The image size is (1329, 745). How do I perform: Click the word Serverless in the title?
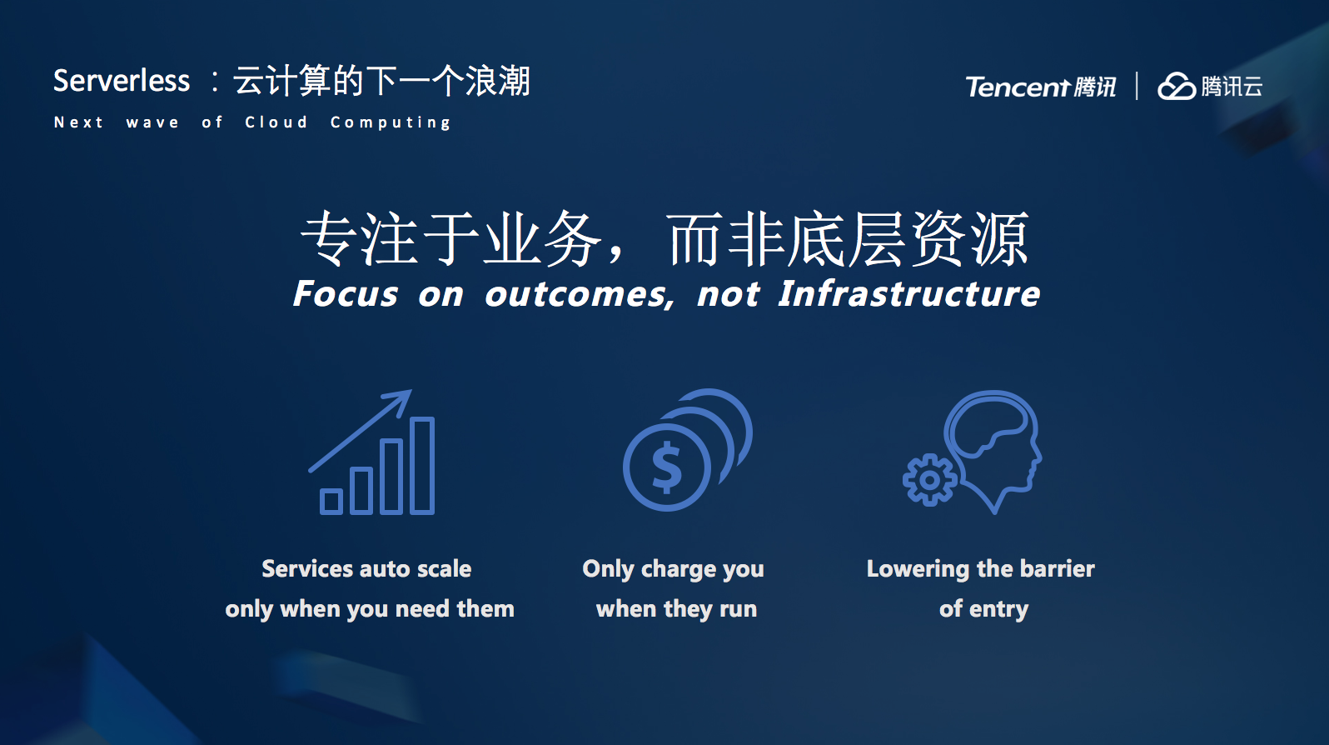pyautogui.click(x=122, y=81)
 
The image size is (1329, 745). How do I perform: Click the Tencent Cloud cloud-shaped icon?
pyautogui.click(x=1177, y=87)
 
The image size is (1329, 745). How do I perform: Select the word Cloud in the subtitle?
pyautogui.click(x=276, y=122)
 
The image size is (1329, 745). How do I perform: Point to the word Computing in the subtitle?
pyautogui.click(x=391, y=122)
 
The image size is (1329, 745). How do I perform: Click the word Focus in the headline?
pyautogui.click(x=346, y=294)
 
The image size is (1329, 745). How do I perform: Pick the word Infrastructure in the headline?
pyautogui.click(x=909, y=294)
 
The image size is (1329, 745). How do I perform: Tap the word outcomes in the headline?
pyautogui.click(x=580, y=295)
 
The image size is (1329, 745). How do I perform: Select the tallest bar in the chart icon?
pyautogui.click(x=422, y=465)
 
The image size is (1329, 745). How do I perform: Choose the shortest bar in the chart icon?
pyautogui.click(x=331, y=502)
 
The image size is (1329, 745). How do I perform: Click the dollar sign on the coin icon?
pyautogui.click(x=667, y=467)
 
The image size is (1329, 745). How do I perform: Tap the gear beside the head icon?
pyautogui.click(x=929, y=480)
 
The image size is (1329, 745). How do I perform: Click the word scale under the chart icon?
pyautogui.click(x=445, y=568)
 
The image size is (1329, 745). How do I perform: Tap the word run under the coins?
pyautogui.click(x=738, y=610)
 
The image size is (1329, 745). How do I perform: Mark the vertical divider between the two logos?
pyautogui.click(x=1137, y=86)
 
